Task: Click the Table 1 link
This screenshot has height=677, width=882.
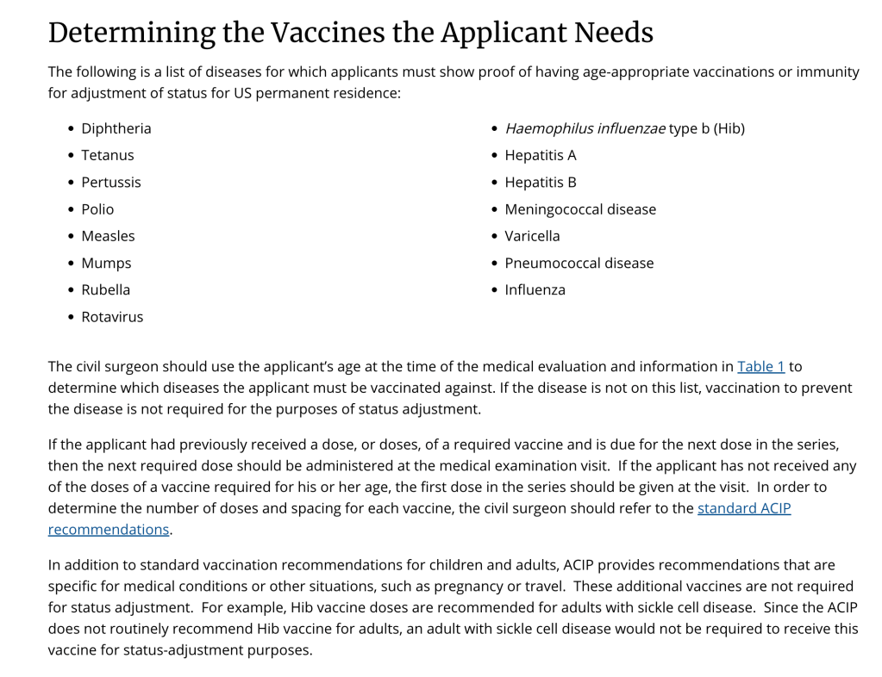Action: (760, 366)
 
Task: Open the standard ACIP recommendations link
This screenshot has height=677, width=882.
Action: (743, 508)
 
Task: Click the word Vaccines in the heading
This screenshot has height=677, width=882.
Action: (327, 33)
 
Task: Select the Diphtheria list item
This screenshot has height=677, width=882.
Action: (116, 128)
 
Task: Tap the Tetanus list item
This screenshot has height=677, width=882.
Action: (108, 155)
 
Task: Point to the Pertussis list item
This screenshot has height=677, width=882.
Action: (111, 182)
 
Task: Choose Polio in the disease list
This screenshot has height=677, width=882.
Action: (97, 209)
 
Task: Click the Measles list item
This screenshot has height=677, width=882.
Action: (108, 236)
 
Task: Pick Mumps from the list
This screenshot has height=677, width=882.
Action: (106, 263)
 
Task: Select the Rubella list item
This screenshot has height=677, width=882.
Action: (106, 289)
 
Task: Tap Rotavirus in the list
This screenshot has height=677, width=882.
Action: (112, 317)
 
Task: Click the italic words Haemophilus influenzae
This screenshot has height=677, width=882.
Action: (585, 128)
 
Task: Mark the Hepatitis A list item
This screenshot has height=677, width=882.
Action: (541, 155)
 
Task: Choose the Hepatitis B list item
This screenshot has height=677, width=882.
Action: (541, 182)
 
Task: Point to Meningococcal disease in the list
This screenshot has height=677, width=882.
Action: (580, 209)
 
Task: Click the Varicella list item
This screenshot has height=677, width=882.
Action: (532, 236)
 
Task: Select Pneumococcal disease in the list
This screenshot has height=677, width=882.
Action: (579, 263)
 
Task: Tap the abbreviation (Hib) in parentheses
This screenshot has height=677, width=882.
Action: (729, 128)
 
